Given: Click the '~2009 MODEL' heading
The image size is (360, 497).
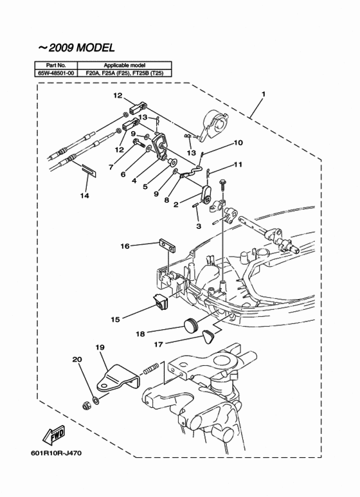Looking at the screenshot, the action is [x=76, y=48].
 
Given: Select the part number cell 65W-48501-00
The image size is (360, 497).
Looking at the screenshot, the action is [x=56, y=73].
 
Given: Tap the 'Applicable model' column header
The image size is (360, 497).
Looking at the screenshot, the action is [x=125, y=66].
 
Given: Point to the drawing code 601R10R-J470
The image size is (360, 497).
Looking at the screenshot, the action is [x=56, y=453].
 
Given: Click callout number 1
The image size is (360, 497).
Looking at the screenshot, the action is [x=263, y=94].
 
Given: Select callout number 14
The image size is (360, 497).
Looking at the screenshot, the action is [x=84, y=195].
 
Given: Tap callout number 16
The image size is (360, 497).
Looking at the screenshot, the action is [x=125, y=246].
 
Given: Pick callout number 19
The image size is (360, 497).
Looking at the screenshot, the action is [x=100, y=347].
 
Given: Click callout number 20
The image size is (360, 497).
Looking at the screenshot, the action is [x=77, y=359].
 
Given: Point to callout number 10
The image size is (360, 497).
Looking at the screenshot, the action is [x=238, y=143].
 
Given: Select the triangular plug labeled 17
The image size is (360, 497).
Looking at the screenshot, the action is [x=208, y=336].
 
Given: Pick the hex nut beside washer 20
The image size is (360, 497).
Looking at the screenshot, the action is [x=86, y=405].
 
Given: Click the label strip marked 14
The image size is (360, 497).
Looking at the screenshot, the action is [x=89, y=170].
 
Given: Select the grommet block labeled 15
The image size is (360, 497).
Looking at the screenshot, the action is [x=161, y=302].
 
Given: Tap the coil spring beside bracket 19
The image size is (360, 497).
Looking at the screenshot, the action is [x=151, y=368].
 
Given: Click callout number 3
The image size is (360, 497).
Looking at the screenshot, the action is [x=199, y=226].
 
